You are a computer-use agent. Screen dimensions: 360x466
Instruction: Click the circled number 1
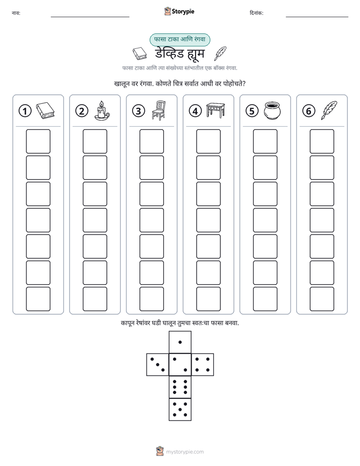click(25, 111)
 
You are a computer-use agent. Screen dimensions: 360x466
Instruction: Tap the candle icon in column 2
click(101, 110)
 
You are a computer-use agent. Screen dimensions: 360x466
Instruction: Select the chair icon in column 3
click(159, 110)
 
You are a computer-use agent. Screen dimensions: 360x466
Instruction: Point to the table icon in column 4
click(216, 110)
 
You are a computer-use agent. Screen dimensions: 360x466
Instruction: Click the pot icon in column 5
click(272, 110)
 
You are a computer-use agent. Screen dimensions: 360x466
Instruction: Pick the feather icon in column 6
click(329, 110)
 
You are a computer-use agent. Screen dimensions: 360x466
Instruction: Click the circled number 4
click(195, 111)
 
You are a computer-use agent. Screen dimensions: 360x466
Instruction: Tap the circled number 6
click(309, 111)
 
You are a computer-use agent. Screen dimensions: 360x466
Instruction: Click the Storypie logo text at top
click(183, 12)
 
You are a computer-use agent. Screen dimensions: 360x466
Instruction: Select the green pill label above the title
click(179, 40)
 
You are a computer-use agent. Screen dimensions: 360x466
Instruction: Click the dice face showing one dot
click(180, 342)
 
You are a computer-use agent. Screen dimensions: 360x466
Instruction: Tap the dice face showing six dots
click(180, 387)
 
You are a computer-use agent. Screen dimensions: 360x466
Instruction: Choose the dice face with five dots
click(180, 410)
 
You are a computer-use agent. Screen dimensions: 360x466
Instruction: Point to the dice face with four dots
click(203, 365)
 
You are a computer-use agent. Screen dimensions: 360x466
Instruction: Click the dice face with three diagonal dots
click(158, 365)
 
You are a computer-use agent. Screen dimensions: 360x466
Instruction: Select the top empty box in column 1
click(38, 141)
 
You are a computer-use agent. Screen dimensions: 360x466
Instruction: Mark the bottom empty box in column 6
click(322, 299)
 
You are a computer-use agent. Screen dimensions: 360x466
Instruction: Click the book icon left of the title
click(140, 53)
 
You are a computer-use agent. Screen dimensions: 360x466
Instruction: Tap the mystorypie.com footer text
click(185, 452)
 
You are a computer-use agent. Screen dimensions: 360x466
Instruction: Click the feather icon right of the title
click(220, 53)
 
